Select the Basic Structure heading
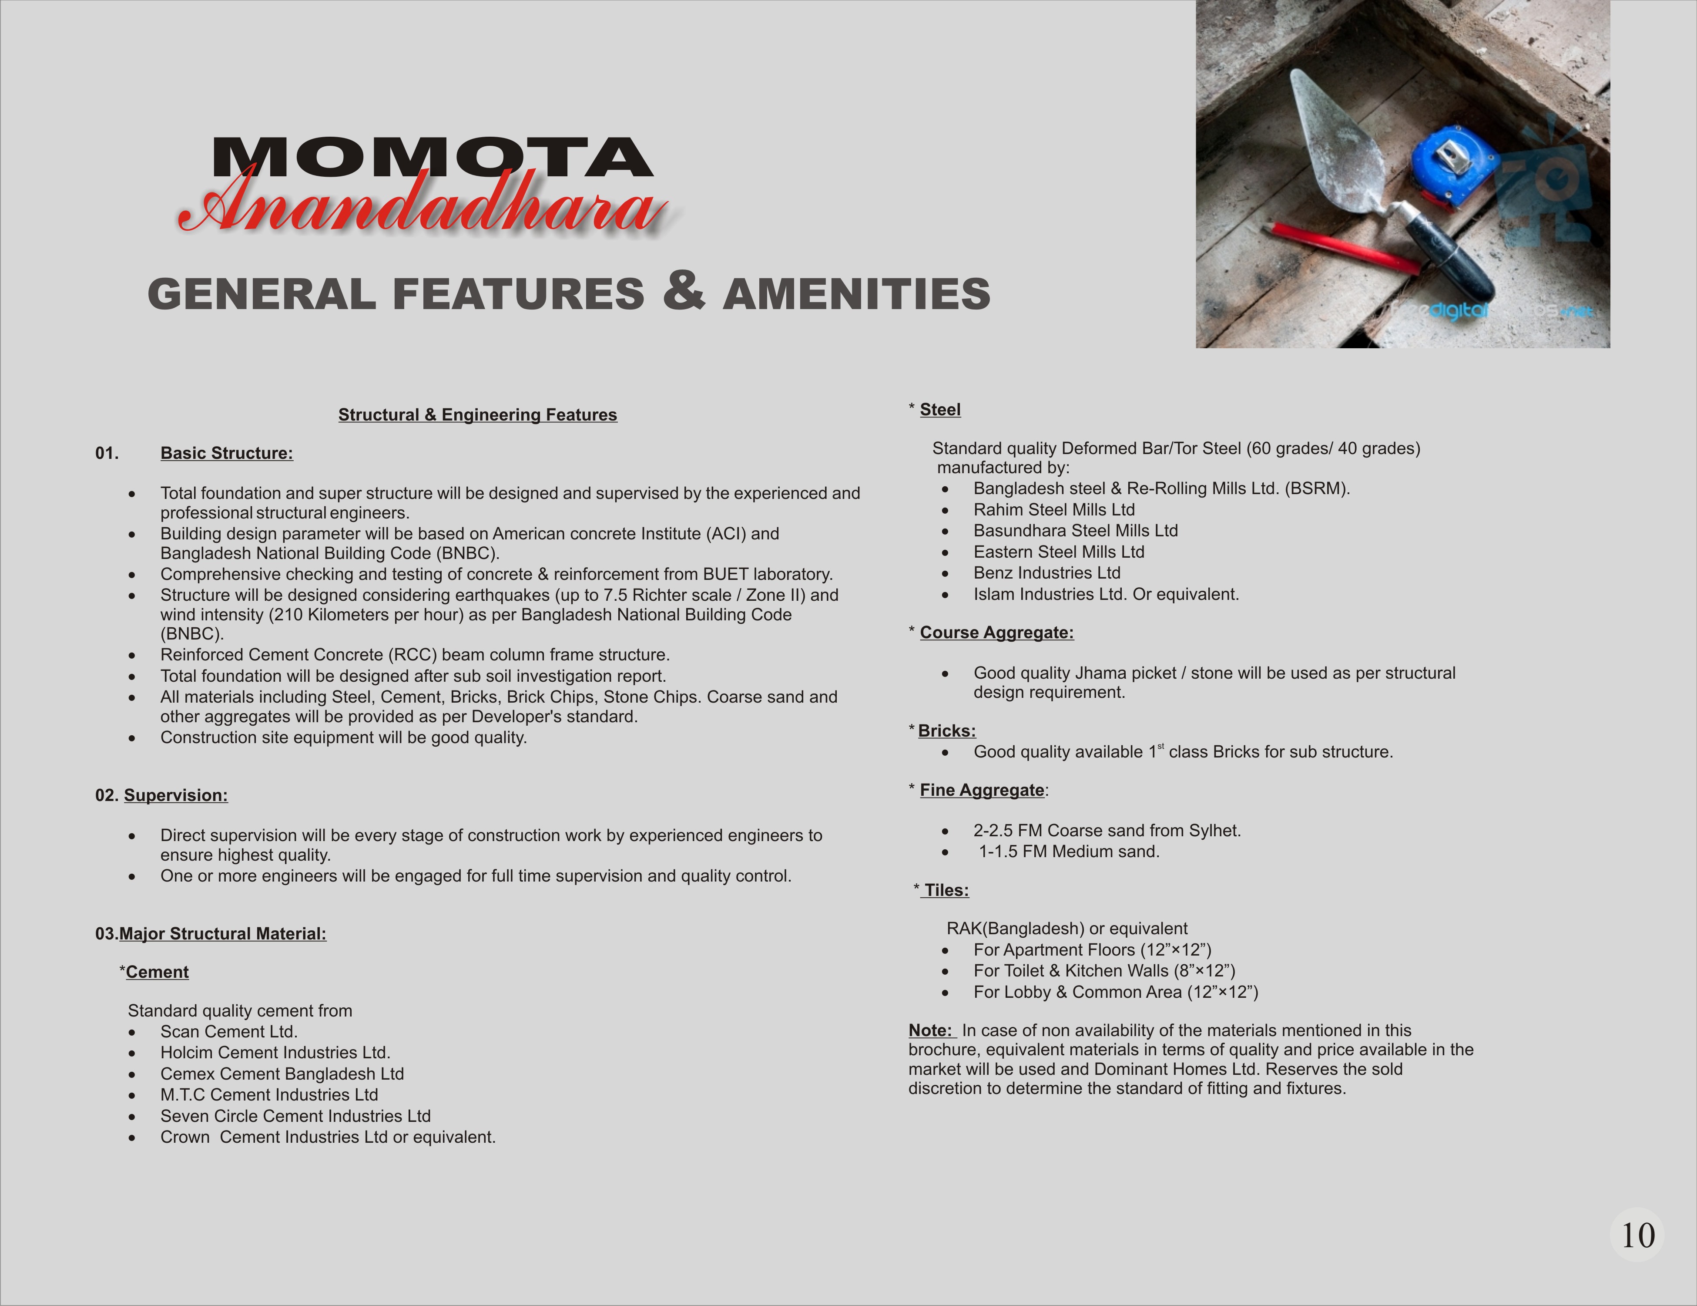click(226, 453)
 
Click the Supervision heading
click(176, 795)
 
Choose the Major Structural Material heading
click(222, 934)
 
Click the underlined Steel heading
click(940, 410)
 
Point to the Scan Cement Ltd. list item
click(228, 1032)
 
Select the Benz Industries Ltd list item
click(1046, 573)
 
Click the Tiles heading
click(946, 890)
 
